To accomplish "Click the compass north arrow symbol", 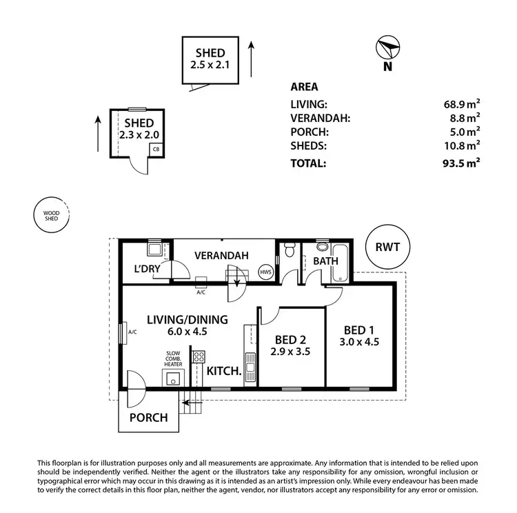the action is tap(387, 48).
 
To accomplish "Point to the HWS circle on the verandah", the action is tap(266, 272).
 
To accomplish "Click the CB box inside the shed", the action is tap(156, 149).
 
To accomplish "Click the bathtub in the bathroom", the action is tap(341, 263).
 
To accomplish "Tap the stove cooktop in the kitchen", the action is tap(199, 356).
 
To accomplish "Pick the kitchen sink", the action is tap(250, 368).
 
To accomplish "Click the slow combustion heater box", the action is tap(173, 378).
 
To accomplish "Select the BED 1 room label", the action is tap(359, 330).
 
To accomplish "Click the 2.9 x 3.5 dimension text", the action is tap(290, 352).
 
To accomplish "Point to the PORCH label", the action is tap(149, 418).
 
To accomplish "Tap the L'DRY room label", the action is tap(147, 268).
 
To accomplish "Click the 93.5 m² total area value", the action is tap(461, 163).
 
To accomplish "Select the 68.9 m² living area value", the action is tap(462, 104).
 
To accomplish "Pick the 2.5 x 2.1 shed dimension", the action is tap(210, 65).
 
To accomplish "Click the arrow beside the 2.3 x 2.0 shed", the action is tap(98, 134).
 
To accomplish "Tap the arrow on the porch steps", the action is tap(192, 403).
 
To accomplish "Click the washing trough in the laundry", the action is tap(154, 249).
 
